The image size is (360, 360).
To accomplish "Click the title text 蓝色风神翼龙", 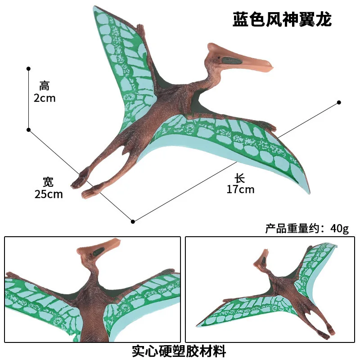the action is coord(282,19).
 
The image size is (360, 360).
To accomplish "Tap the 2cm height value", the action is coord(45,98).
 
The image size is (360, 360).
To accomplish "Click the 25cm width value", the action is coord(49,194).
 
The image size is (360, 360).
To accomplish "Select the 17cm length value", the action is coord(240,189).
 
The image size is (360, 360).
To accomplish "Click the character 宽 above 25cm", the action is coord(48,182).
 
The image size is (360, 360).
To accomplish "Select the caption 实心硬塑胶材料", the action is coord(179,350).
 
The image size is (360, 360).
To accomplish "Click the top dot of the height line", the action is coord(28,68).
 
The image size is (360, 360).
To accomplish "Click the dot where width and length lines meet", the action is coord(133,221).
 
